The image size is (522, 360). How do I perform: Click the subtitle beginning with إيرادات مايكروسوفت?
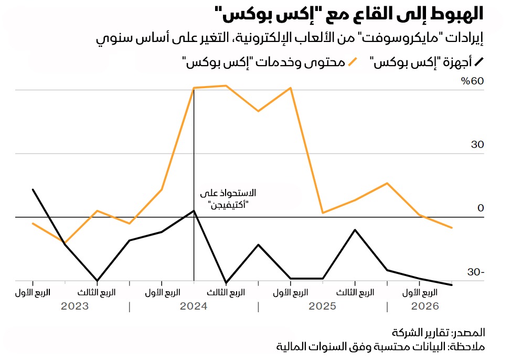pyautogui.click(x=291, y=39)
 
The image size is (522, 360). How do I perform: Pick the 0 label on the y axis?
pyautogui.click(x=480, y=208)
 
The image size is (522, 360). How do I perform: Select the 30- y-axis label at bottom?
pyautogui.click(x=475, y=272)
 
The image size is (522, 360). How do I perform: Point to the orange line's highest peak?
pyautogui.click(x=226, y=86)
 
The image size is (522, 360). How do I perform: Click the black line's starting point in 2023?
pyautogui.click(x=33, y=189)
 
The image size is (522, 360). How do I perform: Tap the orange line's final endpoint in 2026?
pyautogui.click(x=452, y=228)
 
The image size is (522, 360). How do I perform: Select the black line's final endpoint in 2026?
pyautogui.click(x=452, y=285)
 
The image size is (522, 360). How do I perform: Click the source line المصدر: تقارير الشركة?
pyautogui.click(x=438, y=333)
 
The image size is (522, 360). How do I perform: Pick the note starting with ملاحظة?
pyautogui.click(x=381, y=347)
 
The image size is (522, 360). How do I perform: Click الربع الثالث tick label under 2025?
pyautogui.click(x=355, y=292)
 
